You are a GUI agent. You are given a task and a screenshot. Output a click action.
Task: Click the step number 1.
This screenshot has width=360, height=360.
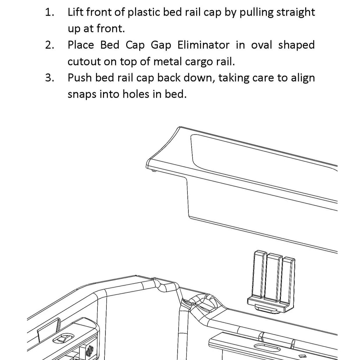point(49,13)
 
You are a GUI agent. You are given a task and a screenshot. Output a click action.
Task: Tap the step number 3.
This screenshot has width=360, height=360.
point(49,78)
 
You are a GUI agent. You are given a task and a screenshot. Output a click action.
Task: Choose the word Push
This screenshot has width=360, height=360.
point(79,78)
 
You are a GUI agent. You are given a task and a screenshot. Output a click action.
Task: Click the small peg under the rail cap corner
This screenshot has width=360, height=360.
point(154,171)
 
